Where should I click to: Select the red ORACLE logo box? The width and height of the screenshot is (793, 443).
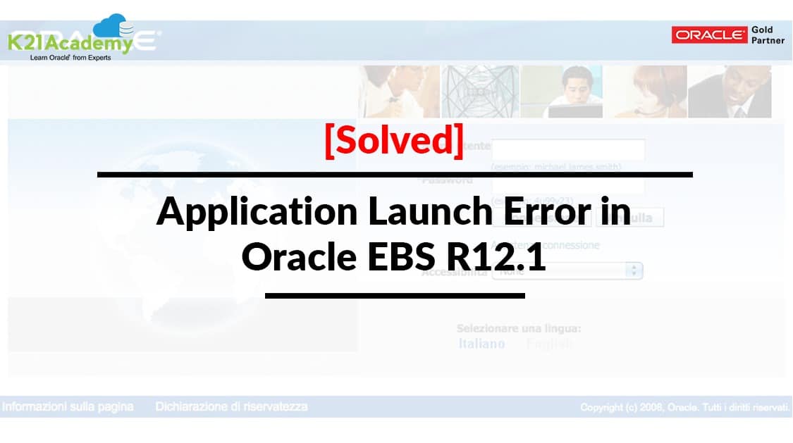709,35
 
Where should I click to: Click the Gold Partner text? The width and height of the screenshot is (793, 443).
767,35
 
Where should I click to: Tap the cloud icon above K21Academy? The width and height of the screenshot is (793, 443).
113,27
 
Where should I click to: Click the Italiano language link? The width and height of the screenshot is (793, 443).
481,344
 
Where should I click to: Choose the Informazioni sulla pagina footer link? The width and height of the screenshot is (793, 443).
68,406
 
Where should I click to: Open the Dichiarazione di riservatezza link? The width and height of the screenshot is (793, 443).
231,406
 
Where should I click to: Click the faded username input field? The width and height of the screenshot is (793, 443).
567,149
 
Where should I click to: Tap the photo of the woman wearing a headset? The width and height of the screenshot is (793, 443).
645,92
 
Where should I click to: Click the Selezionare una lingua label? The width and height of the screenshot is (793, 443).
518,328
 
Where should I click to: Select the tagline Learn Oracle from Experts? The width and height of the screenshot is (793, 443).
70,58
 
